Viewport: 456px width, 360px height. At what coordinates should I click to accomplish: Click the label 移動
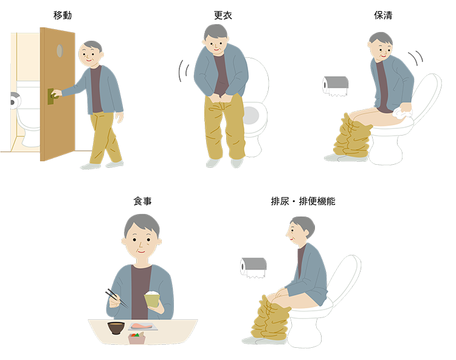(x=63, y=15)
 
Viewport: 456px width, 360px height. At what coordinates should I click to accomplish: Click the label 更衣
(x=223, y=15)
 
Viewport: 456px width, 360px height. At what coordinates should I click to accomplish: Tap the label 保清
(x=383, y=15)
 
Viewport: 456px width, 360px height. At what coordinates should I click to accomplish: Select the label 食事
(x=142, y=201)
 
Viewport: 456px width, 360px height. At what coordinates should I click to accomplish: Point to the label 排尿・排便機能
(x=303, y=201)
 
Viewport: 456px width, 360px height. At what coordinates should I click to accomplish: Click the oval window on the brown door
(x=60, y=51)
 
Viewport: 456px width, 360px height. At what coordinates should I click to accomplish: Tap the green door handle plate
(x=50, y=97)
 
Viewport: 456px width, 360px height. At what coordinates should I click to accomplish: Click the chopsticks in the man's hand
(x=116, y=298)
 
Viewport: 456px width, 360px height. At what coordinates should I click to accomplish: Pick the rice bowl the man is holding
(x=152, y=299)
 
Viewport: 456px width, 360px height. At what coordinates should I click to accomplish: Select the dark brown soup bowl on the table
(x=116, y=328)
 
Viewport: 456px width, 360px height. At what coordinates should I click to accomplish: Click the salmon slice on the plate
(x=141, y=326)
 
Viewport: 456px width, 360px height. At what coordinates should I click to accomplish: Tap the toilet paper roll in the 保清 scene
(x=336, y=86)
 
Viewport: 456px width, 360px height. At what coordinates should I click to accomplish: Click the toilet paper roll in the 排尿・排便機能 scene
(x=254, y=268)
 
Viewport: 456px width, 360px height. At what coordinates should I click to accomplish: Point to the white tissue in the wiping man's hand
(x=402, y=113)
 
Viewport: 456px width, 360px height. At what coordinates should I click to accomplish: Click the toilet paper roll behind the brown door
(x=15, y=100)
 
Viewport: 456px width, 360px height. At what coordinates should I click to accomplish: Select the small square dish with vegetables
(x=137, y=338)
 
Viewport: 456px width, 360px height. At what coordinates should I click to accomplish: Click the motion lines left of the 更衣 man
(x=184, y=71)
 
